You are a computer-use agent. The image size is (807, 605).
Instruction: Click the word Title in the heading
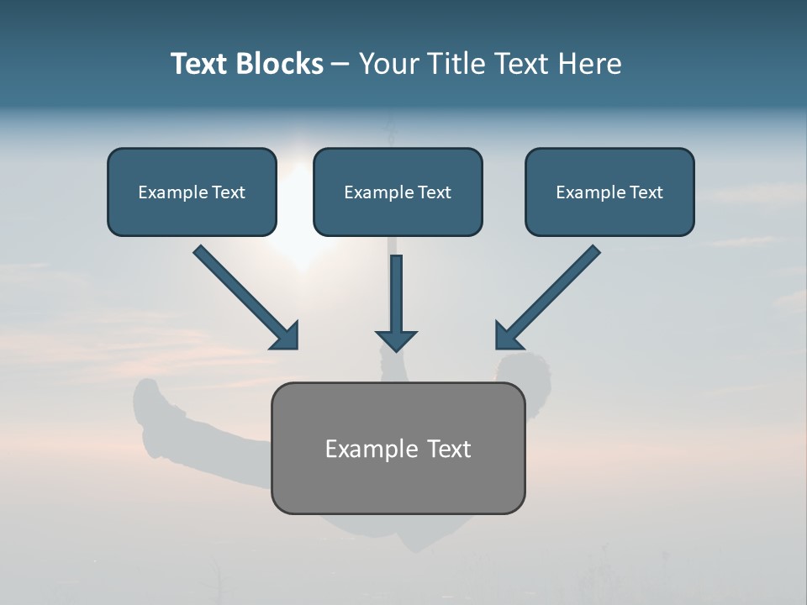pyautogui.click(x=454, y=64)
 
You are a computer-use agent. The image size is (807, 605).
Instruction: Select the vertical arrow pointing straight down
pyautogui.click(x=397, y=294)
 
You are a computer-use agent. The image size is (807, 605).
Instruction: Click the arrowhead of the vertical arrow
pyautogui.click(x=397, y=340)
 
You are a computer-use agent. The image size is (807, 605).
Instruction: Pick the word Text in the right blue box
pyautogui.click(x=646, y=192)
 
